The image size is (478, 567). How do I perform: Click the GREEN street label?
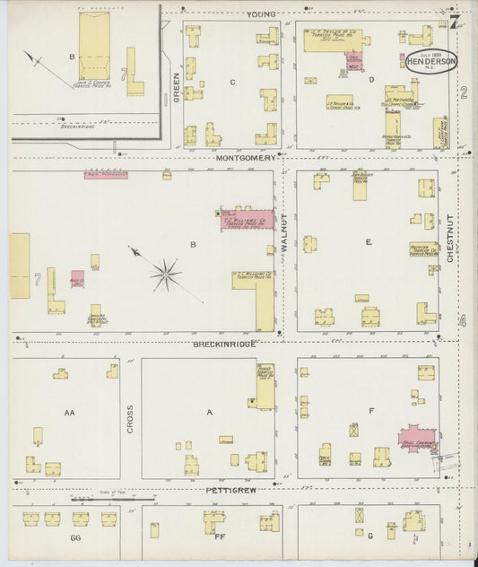(x=176, y=85)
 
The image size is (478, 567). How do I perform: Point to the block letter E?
(x=368, y=241)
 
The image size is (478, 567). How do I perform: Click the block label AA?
(x=70, y=413)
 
